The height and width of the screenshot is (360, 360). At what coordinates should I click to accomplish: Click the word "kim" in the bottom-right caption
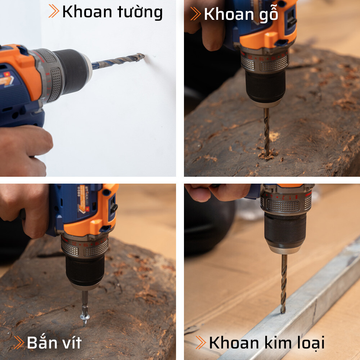279,342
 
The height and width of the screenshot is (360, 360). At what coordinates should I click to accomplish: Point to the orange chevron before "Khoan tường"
54,12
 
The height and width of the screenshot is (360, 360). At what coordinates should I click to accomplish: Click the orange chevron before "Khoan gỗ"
195,14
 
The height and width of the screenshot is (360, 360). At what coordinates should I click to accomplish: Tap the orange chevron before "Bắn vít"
18,342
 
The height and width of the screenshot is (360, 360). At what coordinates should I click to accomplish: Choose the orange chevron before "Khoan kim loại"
201,342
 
